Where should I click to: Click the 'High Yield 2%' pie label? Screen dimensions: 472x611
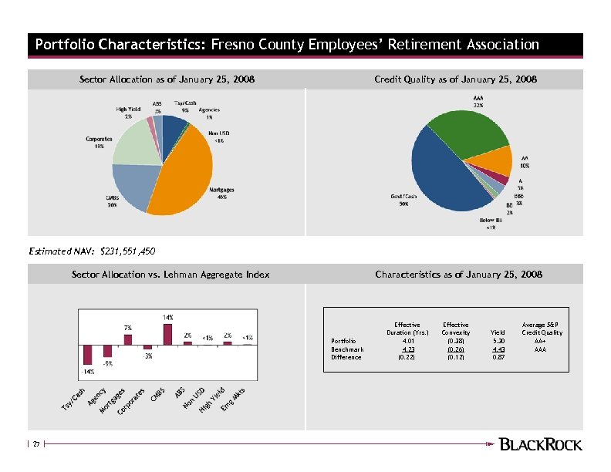coord(128,113)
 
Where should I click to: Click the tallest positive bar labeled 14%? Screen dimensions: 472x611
coord(168,334)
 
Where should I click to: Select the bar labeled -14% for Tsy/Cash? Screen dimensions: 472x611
coord(88,354)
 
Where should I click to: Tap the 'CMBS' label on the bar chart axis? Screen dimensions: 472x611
coord(158,393)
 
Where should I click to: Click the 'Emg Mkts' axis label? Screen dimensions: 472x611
coord(232,399)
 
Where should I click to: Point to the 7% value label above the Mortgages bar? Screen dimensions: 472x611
coord(128,328)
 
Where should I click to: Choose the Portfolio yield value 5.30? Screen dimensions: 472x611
coord(498,341)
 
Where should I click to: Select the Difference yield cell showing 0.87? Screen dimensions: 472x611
coord(498,357)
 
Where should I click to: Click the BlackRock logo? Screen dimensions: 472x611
coord(541,443)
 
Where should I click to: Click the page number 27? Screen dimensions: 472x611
coord(35,443)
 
